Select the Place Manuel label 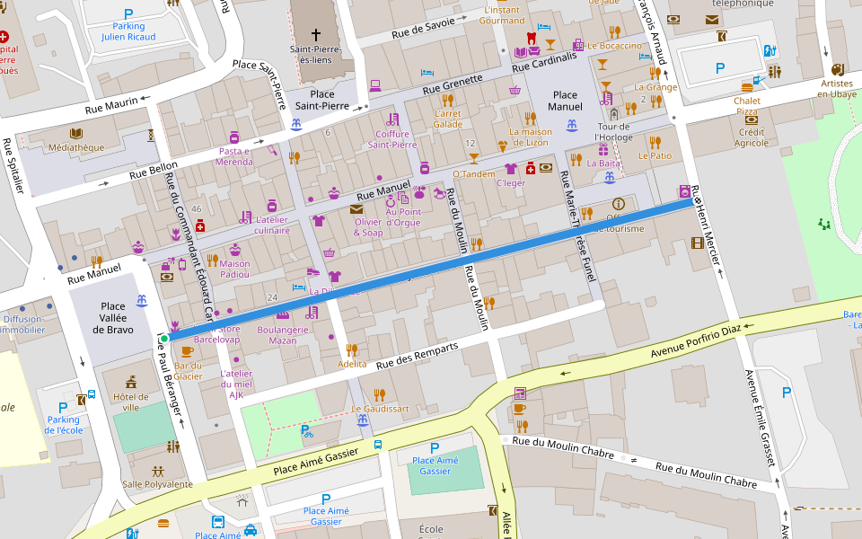pyautogui.click(x=565, y=101)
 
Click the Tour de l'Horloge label pyautogui.click(x=614, y=131)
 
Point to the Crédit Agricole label pyautogui.click(x=752, y=137)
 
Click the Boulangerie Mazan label pyautogui.click(x=283, y=335)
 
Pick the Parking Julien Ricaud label pyautogui.click(x=128, y=31)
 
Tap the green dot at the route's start pyautogui.click(x=164, y=338)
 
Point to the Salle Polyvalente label pyautogui.click(x=157, y=484)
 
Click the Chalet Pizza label pyautogui.click(x=747, y=106)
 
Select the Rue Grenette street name pyautogui.click(x=453, y=84)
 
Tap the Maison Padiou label pyautogui.click(x=234, y=269)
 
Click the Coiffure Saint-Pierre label pyautogui.click(x=392, y=139)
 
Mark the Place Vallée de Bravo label pyautogui.click(x=113, y=318)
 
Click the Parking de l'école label pyautogui.click(x=63, y=425)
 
